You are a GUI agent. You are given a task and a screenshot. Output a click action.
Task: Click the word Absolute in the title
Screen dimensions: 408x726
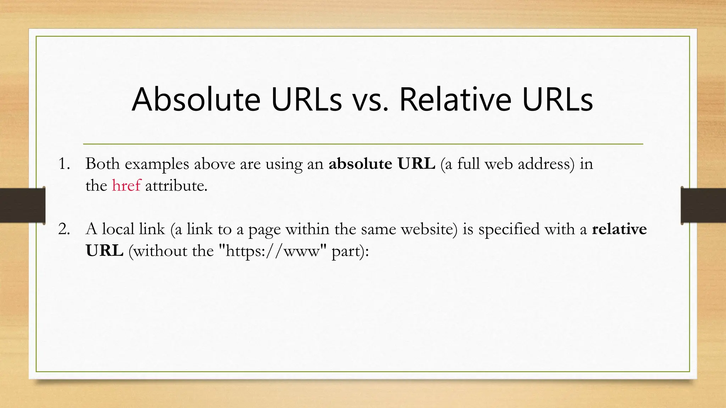(196, 100)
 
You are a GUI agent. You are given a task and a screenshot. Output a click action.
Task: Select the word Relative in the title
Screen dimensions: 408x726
(456, 100)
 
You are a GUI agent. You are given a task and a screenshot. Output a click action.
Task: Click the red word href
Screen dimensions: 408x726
(126, 186)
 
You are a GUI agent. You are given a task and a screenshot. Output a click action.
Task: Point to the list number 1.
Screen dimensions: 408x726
(64, 164)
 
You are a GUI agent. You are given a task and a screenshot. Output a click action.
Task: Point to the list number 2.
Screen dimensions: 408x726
(64, 229)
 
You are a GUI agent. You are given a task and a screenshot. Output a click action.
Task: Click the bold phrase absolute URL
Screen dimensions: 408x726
(381, 164)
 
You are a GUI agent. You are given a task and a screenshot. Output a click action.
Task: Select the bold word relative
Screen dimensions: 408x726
(619, 229)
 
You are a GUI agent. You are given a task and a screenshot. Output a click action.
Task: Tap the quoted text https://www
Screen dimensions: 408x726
(272, 251)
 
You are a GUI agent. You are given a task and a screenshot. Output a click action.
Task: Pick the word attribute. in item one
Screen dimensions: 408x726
(176, 186)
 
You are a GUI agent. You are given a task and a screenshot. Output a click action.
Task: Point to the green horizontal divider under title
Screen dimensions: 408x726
(363, 144)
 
